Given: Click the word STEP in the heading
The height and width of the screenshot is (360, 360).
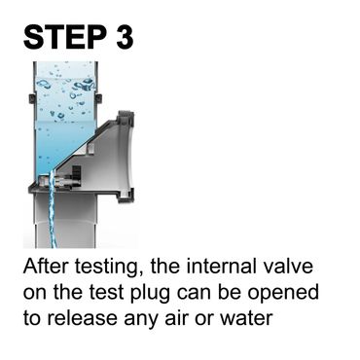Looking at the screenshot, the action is click(64, 37).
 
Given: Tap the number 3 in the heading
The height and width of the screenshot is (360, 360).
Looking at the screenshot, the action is click(125, 37).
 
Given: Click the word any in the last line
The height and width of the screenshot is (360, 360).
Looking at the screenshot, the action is click(140, 320).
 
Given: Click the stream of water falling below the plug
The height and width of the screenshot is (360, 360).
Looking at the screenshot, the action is click(52, 211).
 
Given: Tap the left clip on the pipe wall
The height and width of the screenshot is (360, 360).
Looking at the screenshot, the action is click(31, 99).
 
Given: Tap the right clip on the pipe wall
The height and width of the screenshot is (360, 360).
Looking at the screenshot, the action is click(99, 99).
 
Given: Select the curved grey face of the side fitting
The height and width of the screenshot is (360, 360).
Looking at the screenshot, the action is click(127, 156).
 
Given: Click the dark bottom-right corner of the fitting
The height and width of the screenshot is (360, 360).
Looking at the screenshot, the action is click(126, 198).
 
